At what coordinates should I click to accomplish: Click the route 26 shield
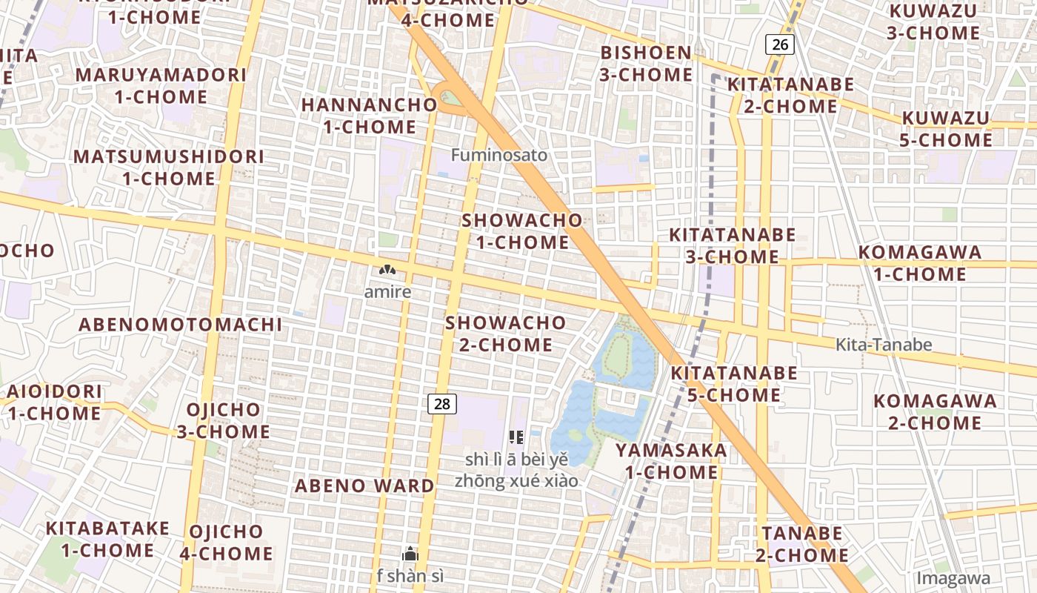pos(780,44)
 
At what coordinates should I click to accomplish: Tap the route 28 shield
pos(442,404)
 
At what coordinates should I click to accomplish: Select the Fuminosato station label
pos(499,155)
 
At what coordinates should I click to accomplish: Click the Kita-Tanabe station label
pos(884,345)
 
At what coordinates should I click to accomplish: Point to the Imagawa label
pos(953,578)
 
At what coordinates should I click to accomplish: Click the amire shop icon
pos(387,271)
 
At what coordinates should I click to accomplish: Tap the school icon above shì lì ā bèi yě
pos(516,437)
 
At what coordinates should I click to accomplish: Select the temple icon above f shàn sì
pos(410,554)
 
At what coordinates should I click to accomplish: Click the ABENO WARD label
pos(364,486)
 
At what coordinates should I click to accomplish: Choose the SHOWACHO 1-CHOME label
pos(522,231)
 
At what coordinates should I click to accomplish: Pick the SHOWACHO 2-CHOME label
pos(506,334)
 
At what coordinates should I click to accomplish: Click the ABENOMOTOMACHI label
pos(180,325)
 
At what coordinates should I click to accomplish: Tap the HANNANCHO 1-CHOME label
pos(369,116)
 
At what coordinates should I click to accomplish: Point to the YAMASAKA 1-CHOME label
pos(671,461)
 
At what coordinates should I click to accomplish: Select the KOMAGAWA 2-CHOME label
pos(935,412)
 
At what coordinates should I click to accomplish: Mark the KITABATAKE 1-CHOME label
pos(107,539)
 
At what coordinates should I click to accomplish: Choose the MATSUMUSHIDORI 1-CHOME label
pos(169,168)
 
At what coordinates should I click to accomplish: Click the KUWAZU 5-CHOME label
pos(946,129)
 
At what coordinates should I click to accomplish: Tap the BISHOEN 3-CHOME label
pos(646,64)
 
